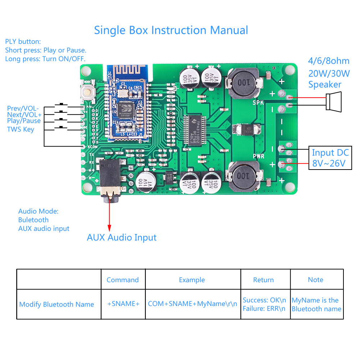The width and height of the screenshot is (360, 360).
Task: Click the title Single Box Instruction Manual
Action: coord(171,30)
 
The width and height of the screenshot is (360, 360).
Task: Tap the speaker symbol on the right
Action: coord(333,101)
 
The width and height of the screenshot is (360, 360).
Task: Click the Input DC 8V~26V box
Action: coord(330,158)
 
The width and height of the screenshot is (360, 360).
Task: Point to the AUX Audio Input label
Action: coord(122,238)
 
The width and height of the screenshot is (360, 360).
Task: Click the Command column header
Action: coord(122,280)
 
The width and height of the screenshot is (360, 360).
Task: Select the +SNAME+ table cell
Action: coord(123,304)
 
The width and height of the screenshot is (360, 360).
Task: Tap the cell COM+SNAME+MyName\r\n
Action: coord(193,304)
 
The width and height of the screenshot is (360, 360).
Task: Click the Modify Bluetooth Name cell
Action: coord(57,304)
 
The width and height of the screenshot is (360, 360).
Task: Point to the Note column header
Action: coord(316,280)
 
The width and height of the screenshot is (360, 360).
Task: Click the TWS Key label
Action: coord(21,129)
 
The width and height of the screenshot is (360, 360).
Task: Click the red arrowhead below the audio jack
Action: coord(109,228)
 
